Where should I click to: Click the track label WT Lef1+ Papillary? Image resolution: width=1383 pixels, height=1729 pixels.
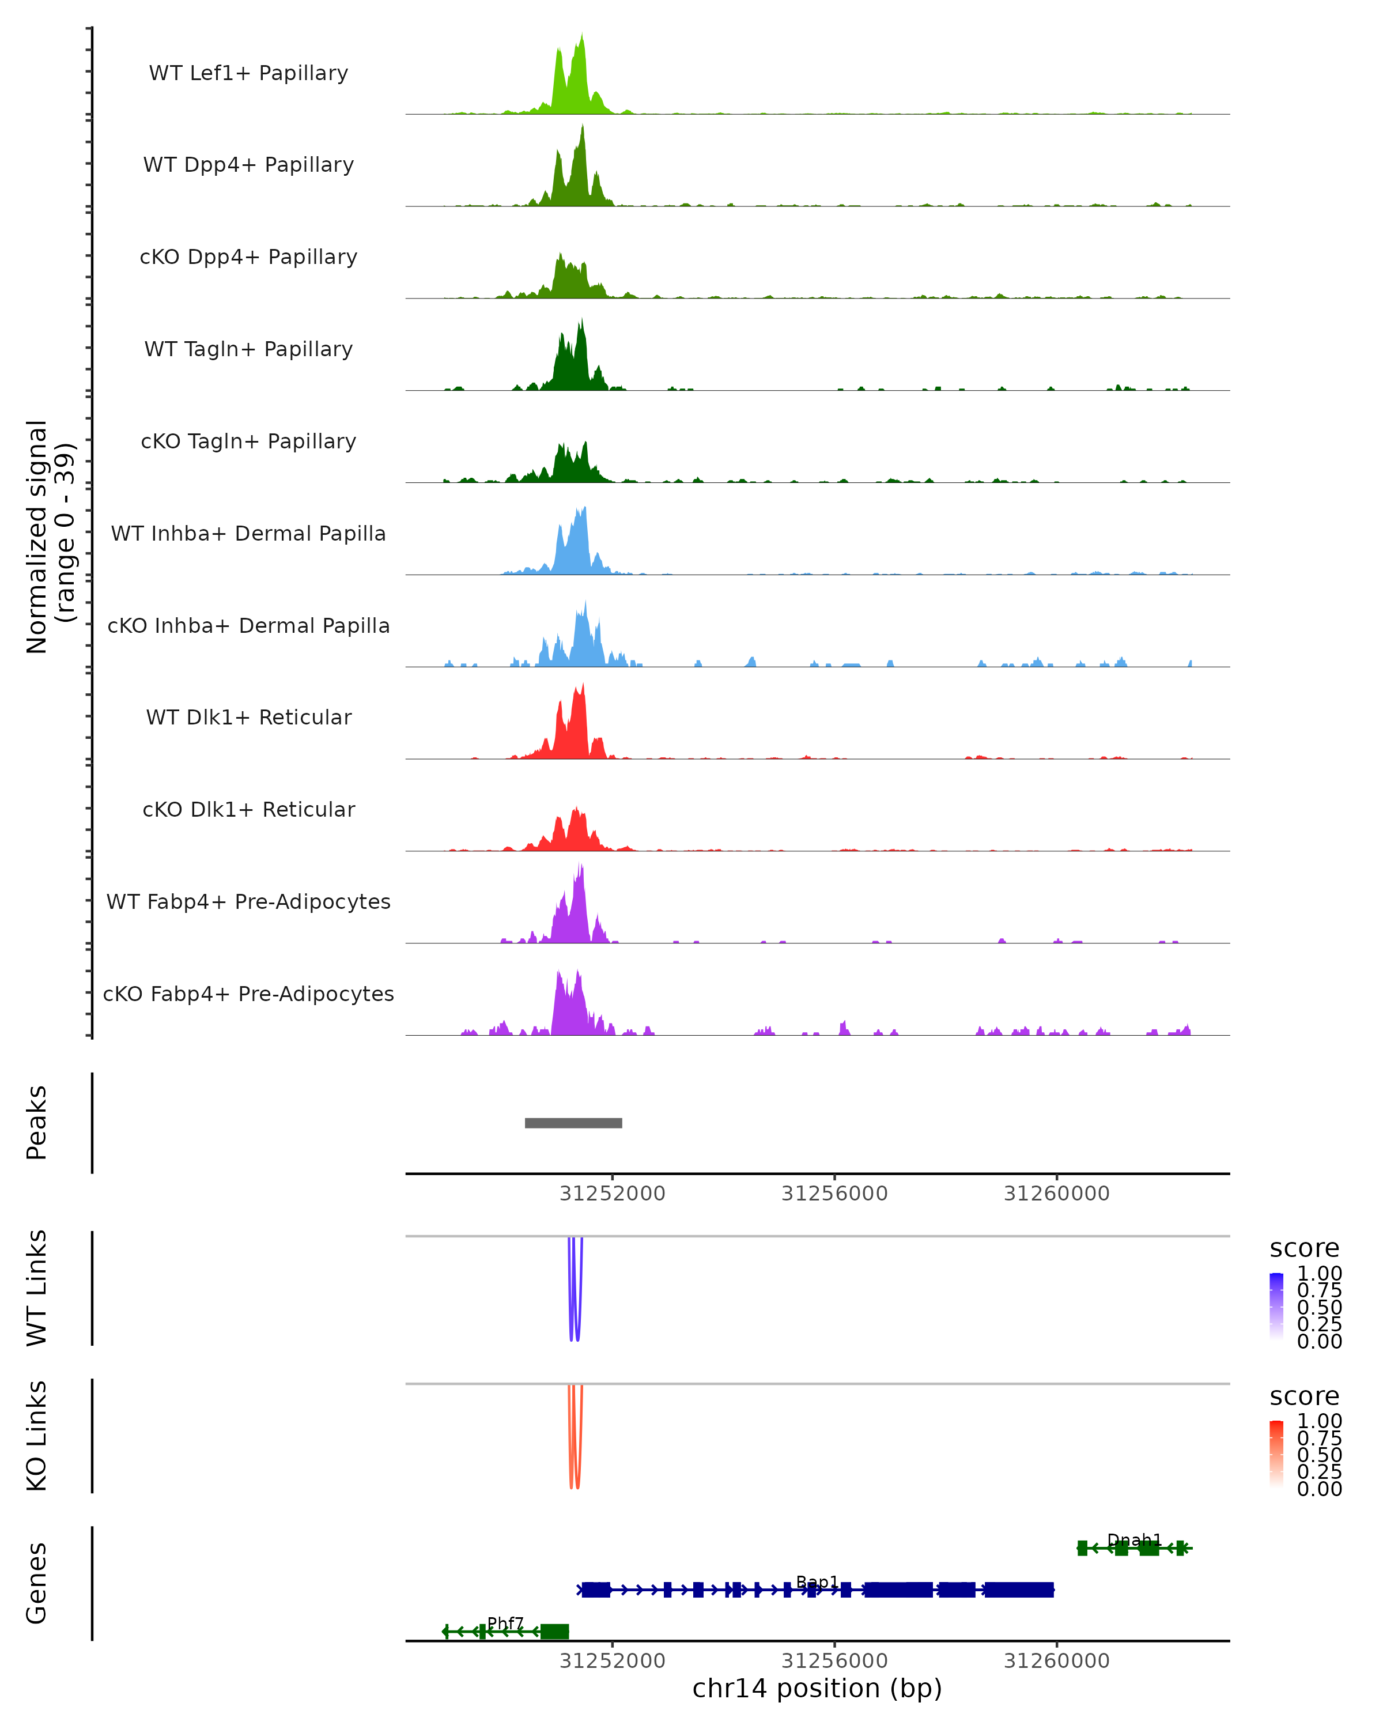(248, 73)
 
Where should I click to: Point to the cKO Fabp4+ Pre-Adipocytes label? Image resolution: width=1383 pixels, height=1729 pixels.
(248, 994)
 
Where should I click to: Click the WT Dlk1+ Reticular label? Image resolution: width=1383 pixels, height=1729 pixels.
(248, 717)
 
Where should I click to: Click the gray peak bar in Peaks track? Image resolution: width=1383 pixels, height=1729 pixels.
(573, 1123)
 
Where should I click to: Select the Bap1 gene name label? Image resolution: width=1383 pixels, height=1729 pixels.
(817, 1582)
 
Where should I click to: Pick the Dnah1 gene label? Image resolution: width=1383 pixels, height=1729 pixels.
(1133, 1540)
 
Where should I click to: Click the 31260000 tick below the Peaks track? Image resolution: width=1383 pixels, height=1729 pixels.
(1057, 1194)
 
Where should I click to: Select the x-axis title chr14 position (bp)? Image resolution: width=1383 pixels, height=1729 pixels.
(817, 1689)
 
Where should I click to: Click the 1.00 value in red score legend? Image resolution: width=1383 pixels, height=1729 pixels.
(1319, 1421)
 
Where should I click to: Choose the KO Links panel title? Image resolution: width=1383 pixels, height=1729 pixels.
(37, 1436)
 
